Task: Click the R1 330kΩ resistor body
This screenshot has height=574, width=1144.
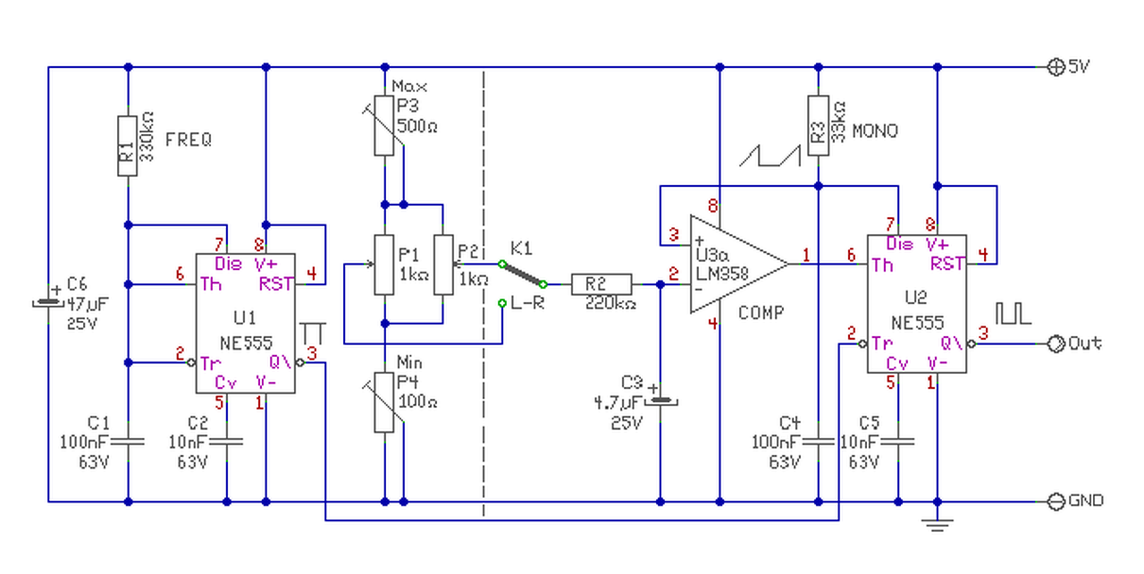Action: click(128, 146)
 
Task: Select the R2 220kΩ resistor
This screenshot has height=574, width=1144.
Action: click(601, 284)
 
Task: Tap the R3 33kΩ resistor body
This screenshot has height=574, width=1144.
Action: click(818, 126)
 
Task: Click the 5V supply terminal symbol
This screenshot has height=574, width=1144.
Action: click(1056, 67)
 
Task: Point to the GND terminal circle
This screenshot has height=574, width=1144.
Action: click(1056, 502)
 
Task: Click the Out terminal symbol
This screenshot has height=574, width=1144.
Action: click(1056, 343)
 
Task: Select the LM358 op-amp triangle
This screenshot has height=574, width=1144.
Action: click(739, 264)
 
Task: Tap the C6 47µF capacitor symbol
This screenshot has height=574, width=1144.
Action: click(48, 303)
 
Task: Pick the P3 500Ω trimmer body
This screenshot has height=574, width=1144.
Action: click(384, 126)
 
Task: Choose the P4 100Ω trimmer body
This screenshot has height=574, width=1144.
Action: click(384, 402)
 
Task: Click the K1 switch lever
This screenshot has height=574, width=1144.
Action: click(523, 274)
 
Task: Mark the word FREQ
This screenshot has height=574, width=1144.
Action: click(189, 140)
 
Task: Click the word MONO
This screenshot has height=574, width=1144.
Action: click(875, 131)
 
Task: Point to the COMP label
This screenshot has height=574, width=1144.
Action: click(761, 313)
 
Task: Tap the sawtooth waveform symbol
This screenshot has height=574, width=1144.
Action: click(770, 156)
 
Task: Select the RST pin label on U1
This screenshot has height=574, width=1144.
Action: click(276, 283)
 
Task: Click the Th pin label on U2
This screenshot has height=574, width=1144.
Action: click(882, 265)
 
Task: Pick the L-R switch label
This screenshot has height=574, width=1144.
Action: click(527, 303)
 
